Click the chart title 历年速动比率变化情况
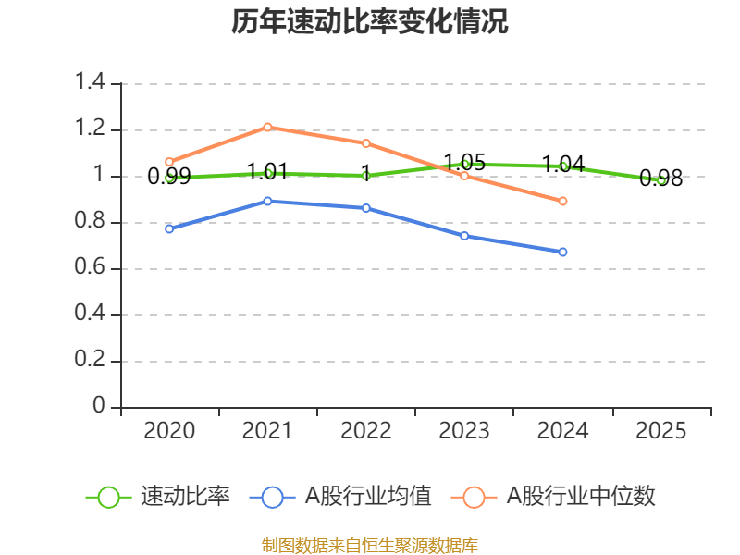click(369, 21)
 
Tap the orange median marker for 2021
click(267, 127)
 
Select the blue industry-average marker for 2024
click(562, 252)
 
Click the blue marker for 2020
click(169, 228)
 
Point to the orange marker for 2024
click(562, 201)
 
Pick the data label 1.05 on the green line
click(464, 163)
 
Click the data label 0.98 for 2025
click(660, 179)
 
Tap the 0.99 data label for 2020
click(169, 177)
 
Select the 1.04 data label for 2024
click(563, 165)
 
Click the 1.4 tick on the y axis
click(90, 81)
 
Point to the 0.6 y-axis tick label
click(90, 266)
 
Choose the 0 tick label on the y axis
click(99, 405)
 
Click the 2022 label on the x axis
click(365, 430)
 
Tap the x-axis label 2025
click(660, 430)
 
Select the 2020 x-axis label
click(169, 430)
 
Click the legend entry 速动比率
click(157, 496)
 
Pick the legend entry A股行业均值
click(340, 496)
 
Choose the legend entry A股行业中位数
click(553, 496)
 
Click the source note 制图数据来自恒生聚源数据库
click(369, 545)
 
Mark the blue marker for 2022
click(365, 208)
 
